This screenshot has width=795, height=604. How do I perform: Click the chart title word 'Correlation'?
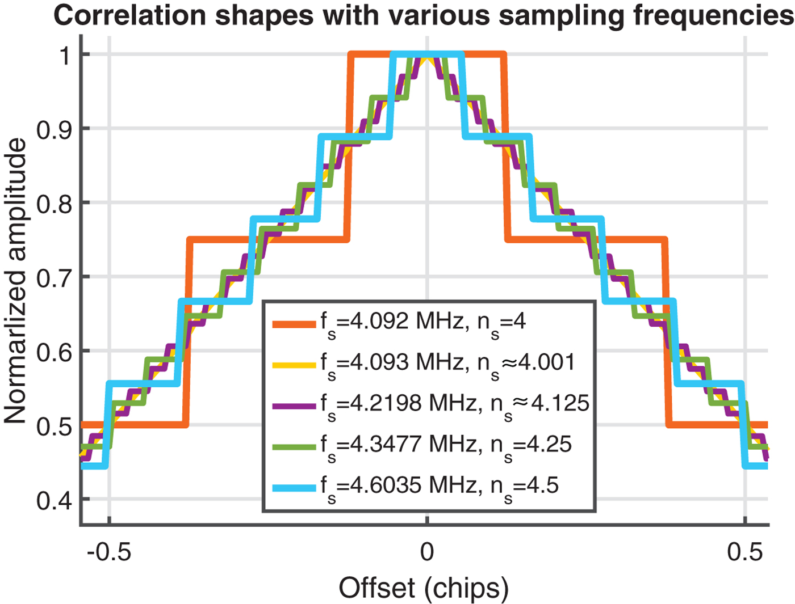(129, 15)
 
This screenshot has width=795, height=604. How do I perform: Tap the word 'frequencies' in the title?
(713, 15)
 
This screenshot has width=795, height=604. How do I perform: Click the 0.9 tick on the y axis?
(55, 130)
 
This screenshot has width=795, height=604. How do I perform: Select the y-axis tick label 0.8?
(55, 204)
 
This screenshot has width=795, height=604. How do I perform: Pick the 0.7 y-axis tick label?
(55, 278)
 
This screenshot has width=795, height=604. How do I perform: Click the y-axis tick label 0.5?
(55, 426)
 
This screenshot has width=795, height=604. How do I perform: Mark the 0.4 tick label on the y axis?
(55, 501)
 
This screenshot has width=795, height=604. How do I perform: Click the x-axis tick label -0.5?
(109, 551)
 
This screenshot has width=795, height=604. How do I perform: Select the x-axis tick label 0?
(426, 551)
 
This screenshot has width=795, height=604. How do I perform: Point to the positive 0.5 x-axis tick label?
(744, 551)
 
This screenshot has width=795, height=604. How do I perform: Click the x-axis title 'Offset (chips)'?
(424, 588)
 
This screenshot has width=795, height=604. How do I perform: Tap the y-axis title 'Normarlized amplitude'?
(15, 281)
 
